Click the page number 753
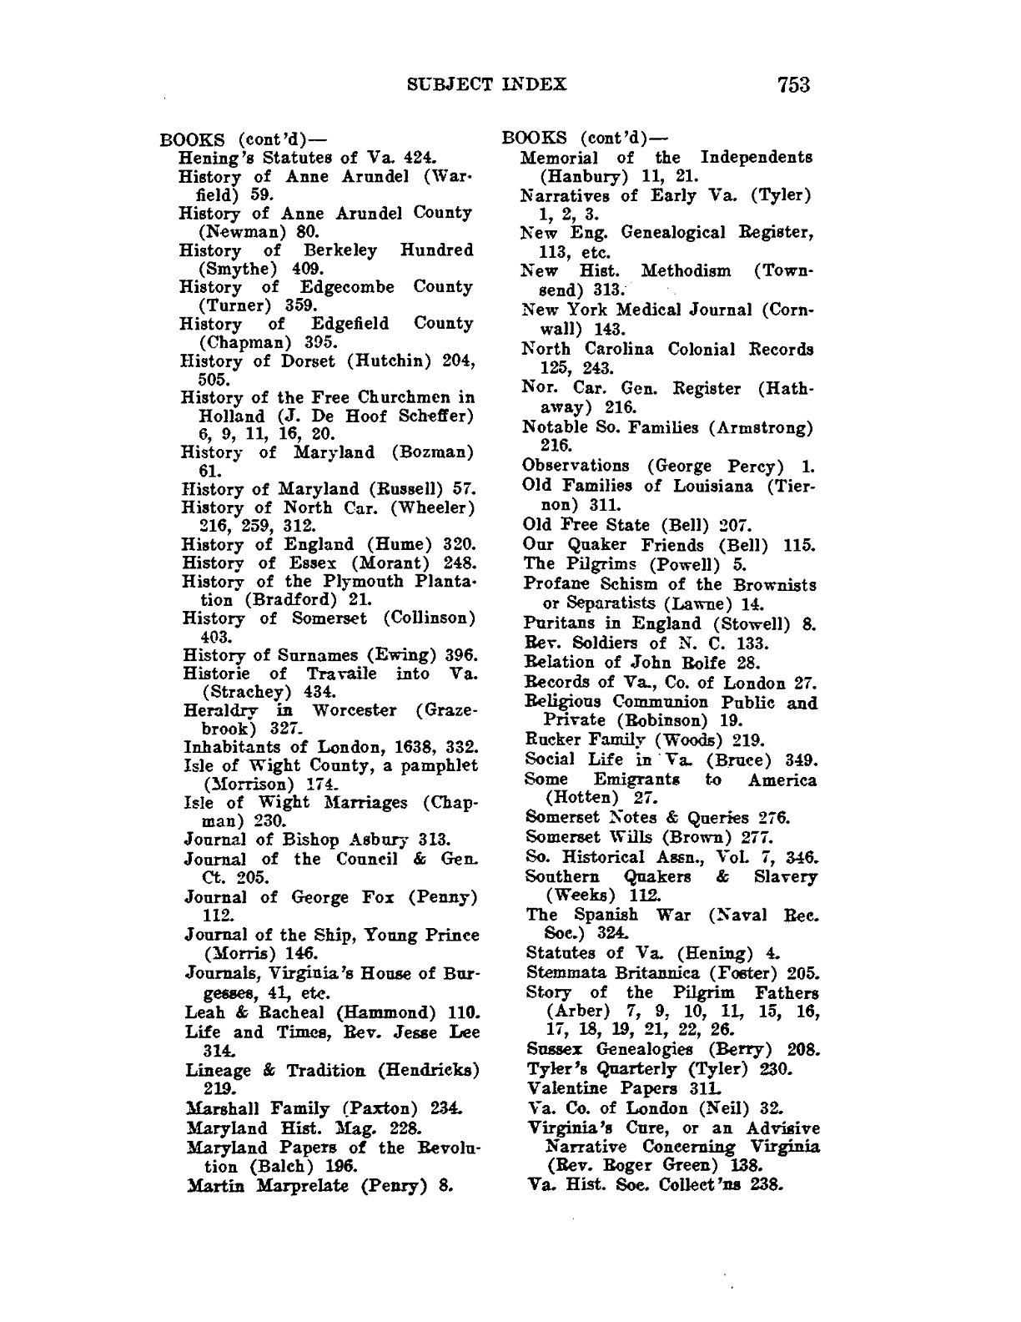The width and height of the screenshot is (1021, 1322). pyautogui.click(x=792, y=83)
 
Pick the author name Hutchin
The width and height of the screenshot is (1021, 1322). pyautogui.click(x=385, y=361)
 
